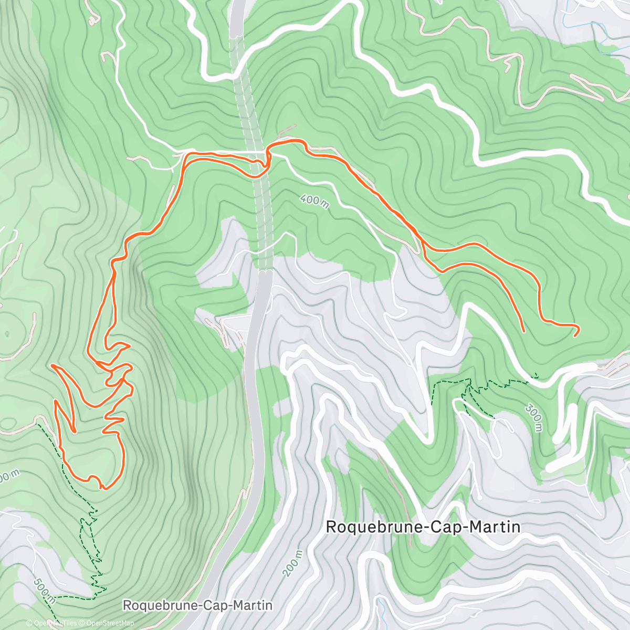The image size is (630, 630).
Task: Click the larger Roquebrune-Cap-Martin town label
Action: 423,527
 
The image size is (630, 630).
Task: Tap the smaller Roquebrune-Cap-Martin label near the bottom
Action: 197,605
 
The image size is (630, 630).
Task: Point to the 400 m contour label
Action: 315,201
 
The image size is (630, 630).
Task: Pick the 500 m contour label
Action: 44,590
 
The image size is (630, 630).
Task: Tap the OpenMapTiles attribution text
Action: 55,623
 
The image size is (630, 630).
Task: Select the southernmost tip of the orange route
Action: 103,488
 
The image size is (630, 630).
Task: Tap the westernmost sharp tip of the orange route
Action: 52,365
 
